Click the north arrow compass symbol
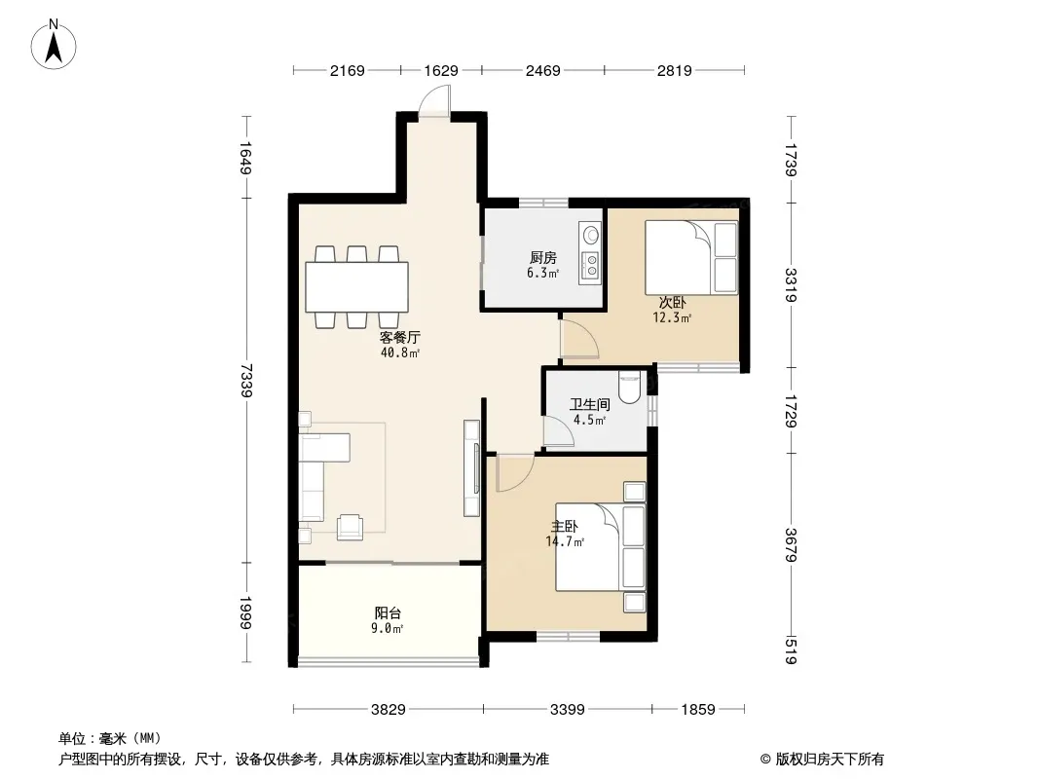tap(54, 45)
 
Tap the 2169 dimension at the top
tap(348, 70)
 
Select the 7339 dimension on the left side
tap(247, 380)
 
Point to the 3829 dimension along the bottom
tap(388, 710)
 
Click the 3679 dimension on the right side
tap(791, 544)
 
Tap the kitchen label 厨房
tap(542, 257)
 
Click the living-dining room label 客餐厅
tap(400, 337)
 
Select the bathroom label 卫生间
tap(590, 404)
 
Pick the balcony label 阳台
tap(388, 612)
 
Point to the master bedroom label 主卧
tap(565, 526)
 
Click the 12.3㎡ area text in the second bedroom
tap(672, 317)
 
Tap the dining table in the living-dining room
tap(356, 287)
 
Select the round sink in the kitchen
tap(590, 235)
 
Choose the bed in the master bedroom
tap(601, 546)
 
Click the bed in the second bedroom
tap(691, 257)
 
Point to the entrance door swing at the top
tap(432, 103)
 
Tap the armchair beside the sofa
tap(350, 527)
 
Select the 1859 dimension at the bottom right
tap(698, 710)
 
